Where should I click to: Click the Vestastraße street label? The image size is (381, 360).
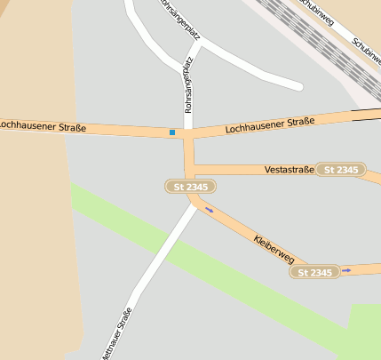[x=290, y=169]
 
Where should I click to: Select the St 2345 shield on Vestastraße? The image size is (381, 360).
[x=341, y=169]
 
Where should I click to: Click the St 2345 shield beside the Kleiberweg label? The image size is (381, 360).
[x=314, y=272]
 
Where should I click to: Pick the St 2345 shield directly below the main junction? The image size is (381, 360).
[x=190, y=187]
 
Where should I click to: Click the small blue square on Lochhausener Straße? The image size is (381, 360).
[x=172, y=132]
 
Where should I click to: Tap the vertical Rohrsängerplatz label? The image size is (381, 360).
[x=187, y=89]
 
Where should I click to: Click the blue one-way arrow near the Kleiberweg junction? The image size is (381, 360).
[x=210, y=210]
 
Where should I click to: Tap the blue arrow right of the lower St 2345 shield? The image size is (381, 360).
[x=346, y=269]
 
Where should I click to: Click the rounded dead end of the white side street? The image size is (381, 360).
[x=296, y=85]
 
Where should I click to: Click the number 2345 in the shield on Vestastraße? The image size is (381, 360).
[x=347, y=169]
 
